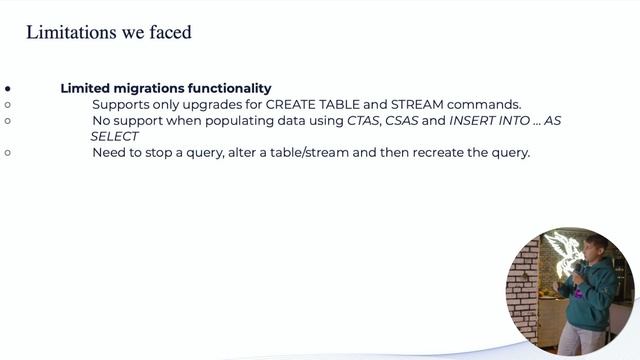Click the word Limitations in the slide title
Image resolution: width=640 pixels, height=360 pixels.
[65, 33]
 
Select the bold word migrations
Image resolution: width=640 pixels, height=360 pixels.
[150, 88]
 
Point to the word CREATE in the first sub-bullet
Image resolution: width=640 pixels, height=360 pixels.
[291, 104]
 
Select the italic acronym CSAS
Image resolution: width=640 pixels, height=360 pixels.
[404, 120]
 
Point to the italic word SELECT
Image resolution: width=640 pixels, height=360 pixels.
[114, 136]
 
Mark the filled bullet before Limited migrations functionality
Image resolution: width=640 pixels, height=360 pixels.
[7, 88]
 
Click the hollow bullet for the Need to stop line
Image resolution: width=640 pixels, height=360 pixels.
[7, 152]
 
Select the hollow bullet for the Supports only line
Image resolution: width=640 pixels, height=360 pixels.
[7, 104]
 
